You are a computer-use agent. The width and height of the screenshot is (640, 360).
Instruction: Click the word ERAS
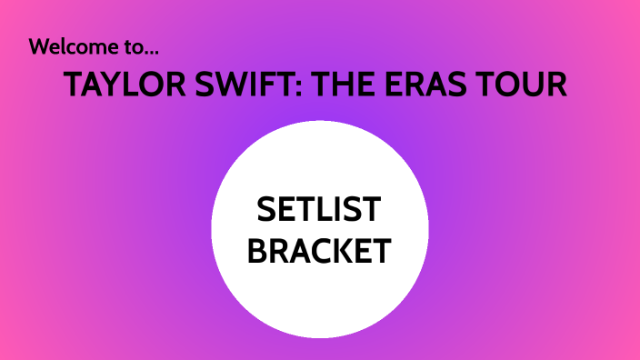pyautogui.click(x=444, y=85)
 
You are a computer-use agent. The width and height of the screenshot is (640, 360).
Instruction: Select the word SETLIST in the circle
pyautogui.click(x=319, y=211)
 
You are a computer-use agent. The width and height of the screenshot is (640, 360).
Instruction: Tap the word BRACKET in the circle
pyautogui.click(x=319, y=251)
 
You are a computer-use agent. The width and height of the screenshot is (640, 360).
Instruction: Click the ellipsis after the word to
pyautogui.click(x=162, y=49)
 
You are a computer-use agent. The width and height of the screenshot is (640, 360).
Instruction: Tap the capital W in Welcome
pyautogui.click(x=40, y=46)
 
